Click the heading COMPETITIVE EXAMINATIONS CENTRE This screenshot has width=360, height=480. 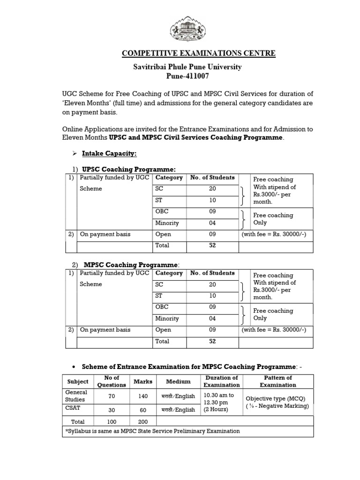pyautogui.click(x=198, y=53)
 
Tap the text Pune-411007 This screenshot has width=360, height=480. pyautogui.click(x=187, y=76)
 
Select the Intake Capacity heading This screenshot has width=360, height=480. pyautogui.click(x=109, y=153)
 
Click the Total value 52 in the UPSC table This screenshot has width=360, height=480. pyautogui.click(x=212, y=246)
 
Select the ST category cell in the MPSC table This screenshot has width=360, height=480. pyautogui.click(x=160, y=296)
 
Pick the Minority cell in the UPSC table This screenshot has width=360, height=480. pyautogui.click(x=167, y=223)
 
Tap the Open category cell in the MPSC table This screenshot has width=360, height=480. pyautogui.click(x=163, y=330)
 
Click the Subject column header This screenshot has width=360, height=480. pyautogui.click(x=78, y=382)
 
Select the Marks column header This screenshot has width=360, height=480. pyautogui.click(x=143, y=382)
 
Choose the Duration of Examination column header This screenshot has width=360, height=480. pyautogui.click(x=221, y=381)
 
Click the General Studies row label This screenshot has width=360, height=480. pyautogui.click(x=75, y=396)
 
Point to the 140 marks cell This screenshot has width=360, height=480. pyautogui.click(x=143, y=396)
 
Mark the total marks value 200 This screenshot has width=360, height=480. pyautogui.click(x=143, y=422)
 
